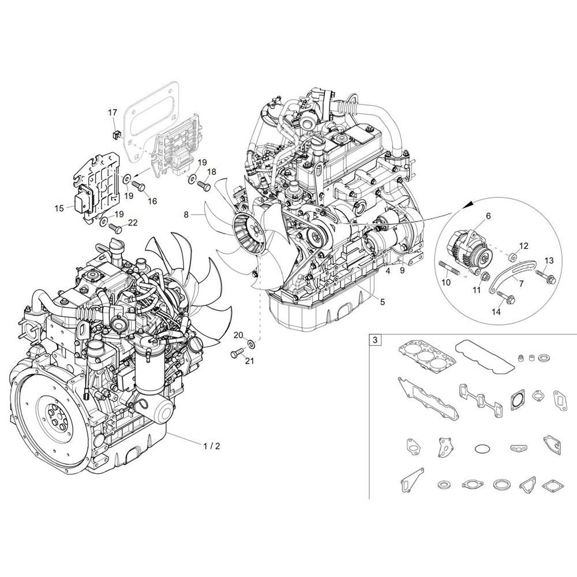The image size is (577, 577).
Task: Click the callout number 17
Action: coord(113,112)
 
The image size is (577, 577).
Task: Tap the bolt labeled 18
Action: coord(204,185)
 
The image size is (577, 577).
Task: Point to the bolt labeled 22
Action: coord(115,228)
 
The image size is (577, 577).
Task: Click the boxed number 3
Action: coord(375,340)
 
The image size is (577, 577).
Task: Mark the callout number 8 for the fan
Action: coord(186,215)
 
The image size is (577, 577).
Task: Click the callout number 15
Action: coord(59,209)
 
